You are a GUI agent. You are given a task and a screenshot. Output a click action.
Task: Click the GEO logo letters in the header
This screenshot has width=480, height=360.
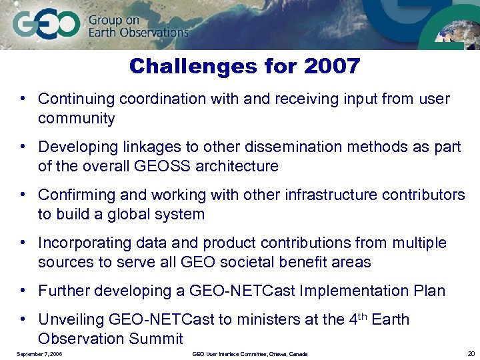coord(46,25)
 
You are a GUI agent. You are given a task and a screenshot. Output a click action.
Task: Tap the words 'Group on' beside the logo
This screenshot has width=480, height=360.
coord(114,19)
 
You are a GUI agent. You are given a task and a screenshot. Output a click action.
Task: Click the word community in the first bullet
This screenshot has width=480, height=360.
coord(77,119)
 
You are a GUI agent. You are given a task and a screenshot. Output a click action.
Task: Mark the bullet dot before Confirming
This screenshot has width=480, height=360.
coord(23,195)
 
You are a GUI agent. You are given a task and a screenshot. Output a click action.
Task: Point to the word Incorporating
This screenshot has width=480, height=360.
coord(83,243)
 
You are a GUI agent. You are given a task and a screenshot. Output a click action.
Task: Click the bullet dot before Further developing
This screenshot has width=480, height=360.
coord(23,291)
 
